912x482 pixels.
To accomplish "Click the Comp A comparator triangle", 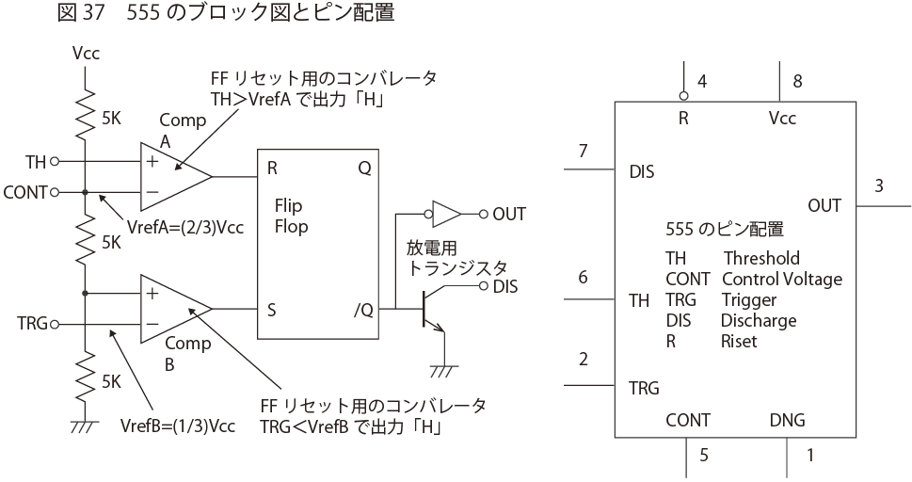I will tap(173, 176).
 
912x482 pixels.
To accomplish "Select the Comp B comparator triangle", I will tap(173, 308).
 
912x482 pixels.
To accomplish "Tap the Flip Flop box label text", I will tap(291, 216).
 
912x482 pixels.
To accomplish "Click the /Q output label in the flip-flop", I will tap(360, 308).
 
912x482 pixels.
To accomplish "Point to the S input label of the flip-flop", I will tap(273, 308).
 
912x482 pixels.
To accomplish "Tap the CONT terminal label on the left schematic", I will tap(24, 193).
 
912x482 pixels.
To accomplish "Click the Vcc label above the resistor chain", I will tap(86, 54).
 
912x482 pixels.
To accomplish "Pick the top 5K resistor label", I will tap(111, 120).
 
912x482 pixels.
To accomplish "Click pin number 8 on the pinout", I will tap(797, 82).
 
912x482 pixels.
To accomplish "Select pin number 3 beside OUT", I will tap(879, 185).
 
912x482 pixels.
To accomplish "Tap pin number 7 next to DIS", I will tap(583, 151).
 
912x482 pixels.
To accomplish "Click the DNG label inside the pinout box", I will tap(787, 420).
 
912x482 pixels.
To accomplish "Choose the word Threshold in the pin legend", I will tap(761, 258).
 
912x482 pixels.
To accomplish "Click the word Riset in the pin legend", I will tap(740, 341).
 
